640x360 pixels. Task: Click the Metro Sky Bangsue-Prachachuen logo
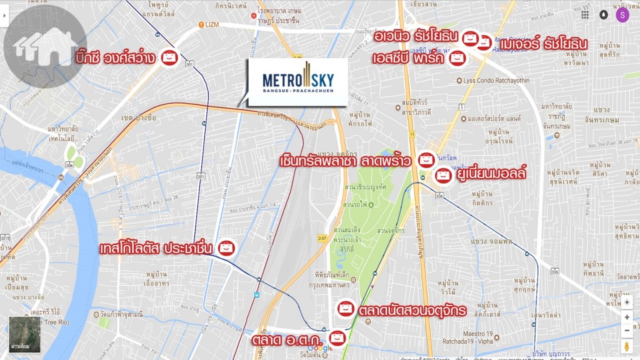[x=297, y=81]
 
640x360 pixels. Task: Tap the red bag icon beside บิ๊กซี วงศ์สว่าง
[x=169, y=57]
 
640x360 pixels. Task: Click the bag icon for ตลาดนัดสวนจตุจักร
[x=345, y=309]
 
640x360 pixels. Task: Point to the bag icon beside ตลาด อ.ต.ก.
[x=337, y=338]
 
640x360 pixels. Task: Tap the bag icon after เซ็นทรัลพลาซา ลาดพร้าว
[x=426, y=160]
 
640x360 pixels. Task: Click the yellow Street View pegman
[x=627, y=347]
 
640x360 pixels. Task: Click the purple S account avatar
[x=622, y=15]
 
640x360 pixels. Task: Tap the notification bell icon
[x=604, y=15]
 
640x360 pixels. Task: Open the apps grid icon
[x=585, y=15]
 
